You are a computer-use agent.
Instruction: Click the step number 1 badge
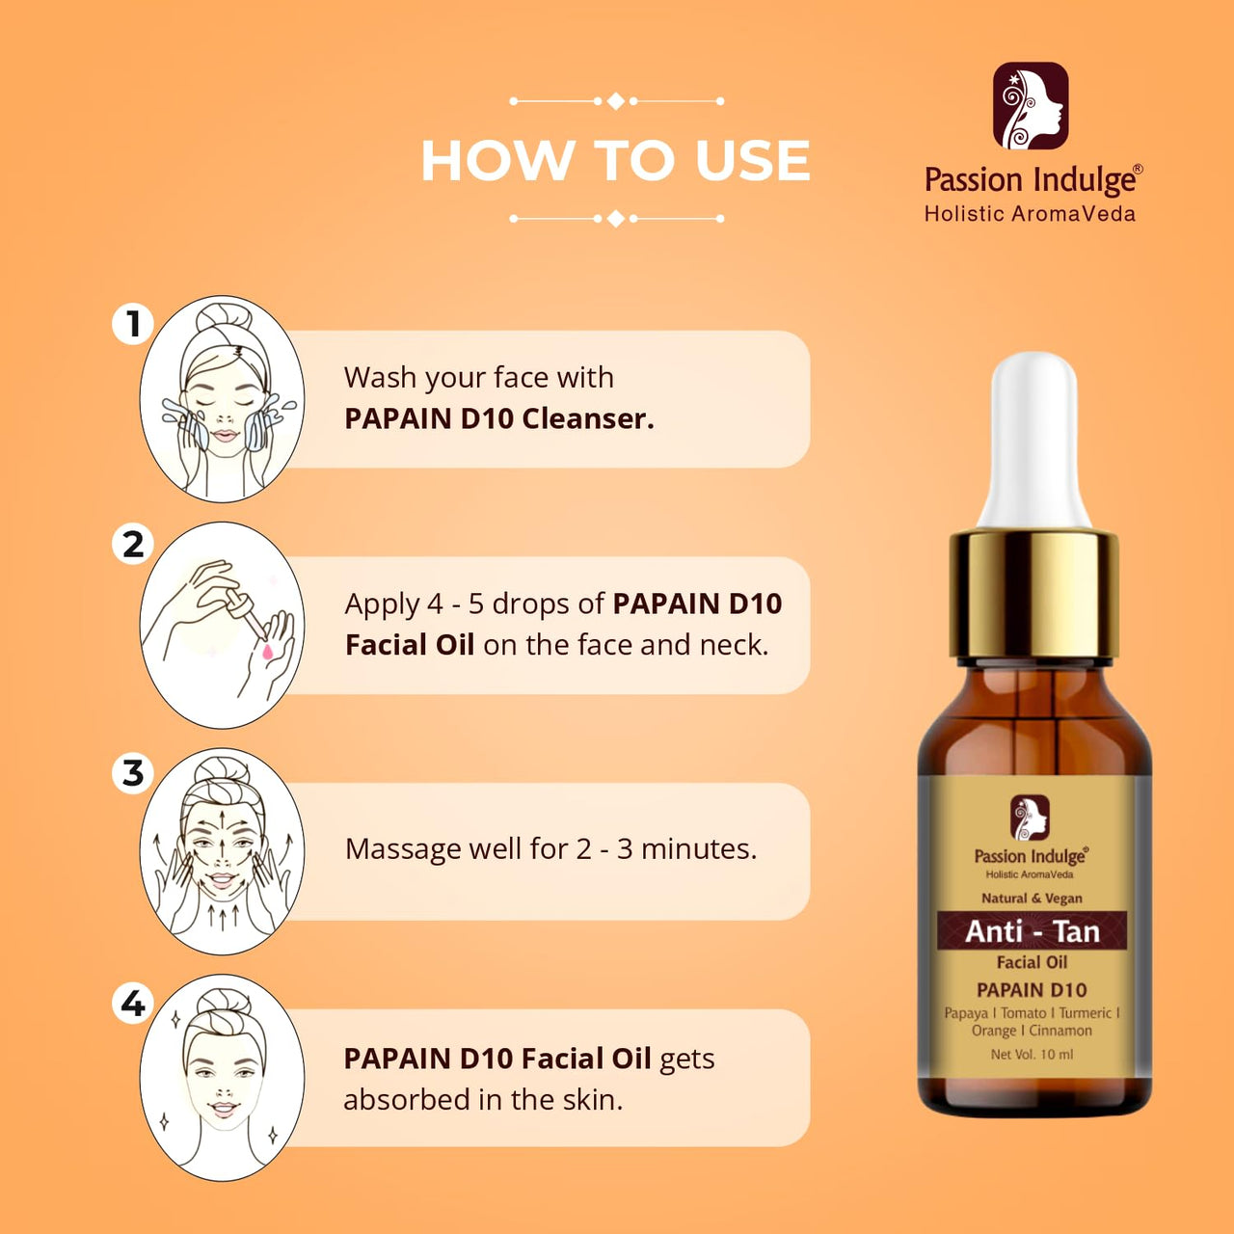(x=132, y=323)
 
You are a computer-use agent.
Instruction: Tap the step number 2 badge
(x=132, y=545)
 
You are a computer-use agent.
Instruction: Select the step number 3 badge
(x=132, y=773)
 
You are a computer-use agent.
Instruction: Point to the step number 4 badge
(x=132, y=1003)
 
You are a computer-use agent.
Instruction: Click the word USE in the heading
(x=753, y=160)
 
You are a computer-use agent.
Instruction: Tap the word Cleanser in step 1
(x=588, y=418)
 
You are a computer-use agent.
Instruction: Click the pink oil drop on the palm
(x=266, y=652)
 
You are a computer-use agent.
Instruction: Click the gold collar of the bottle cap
(x=1033, y=594)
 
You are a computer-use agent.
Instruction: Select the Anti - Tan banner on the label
(x=1032, y=931)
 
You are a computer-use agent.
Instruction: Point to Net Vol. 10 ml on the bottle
(x=1032, y=1054)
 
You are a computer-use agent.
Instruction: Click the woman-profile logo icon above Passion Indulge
(x=1031, y=106)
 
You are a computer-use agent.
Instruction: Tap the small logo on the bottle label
(x=1030, y=818)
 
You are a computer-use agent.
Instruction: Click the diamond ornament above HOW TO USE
(x=615, y=101)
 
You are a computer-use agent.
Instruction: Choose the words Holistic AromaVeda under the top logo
(x=1030, y=214)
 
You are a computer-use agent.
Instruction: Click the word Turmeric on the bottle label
(x=1086, y=1013)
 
